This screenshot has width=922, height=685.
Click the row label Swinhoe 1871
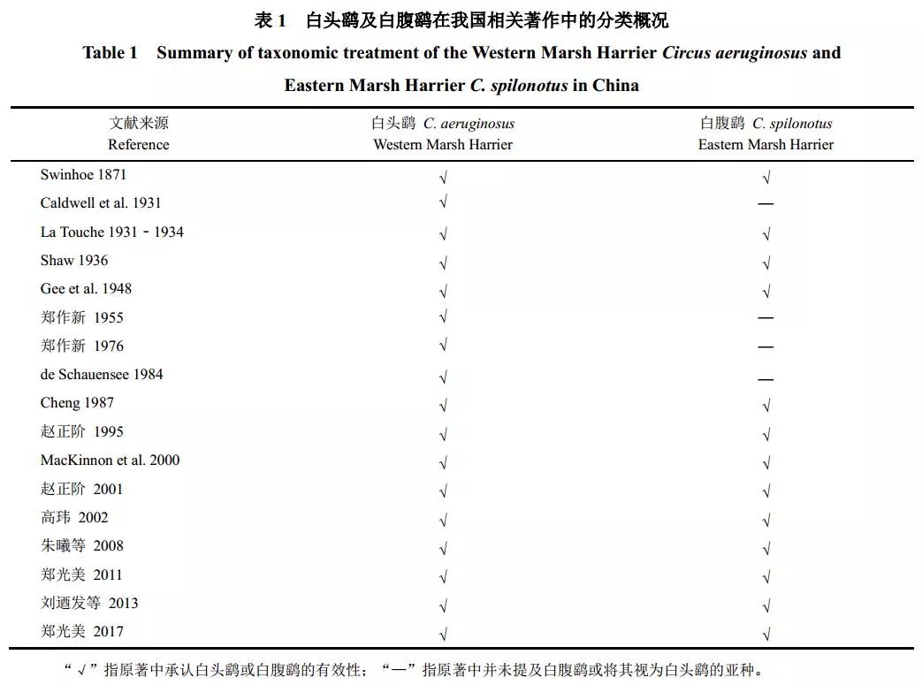(83, 175)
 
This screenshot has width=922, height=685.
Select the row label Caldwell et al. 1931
(101, 203)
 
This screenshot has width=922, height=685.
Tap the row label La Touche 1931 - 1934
(111, 232)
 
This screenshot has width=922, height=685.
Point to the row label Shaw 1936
(74, 260)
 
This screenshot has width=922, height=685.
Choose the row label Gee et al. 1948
(86, 289)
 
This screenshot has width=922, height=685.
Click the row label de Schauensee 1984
(102, 374)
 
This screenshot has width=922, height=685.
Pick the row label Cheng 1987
(77, 403)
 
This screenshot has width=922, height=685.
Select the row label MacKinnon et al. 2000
(110, 460)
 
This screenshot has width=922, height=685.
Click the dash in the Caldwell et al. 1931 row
(766, 204)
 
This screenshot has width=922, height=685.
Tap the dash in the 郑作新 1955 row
(766, 318)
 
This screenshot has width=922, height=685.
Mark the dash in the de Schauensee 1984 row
(766, 379)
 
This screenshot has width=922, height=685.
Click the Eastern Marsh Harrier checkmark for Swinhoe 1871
(766, 177)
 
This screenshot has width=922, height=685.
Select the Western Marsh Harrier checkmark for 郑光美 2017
(443, 634)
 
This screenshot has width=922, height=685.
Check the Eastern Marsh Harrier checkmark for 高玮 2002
(766, 520)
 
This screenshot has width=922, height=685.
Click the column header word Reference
(138, 145)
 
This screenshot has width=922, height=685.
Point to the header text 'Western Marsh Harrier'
(443, 145)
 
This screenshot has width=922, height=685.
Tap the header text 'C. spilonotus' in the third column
(792, 124)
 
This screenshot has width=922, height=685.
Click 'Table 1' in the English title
(110, 53)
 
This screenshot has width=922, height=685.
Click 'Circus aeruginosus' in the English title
(735, 53)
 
